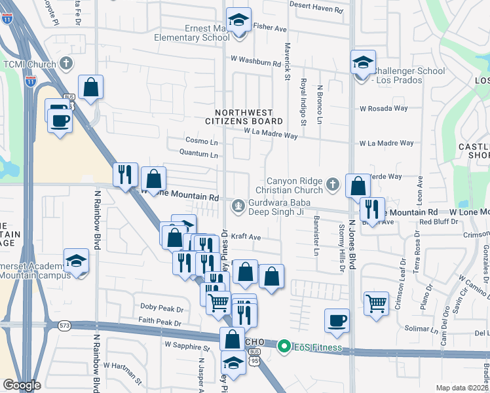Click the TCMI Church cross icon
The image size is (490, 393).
point(65,64)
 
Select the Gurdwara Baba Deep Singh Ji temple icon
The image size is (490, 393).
point(238,206)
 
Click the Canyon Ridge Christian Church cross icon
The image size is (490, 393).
point(333,185)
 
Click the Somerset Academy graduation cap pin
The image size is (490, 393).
point(76,262)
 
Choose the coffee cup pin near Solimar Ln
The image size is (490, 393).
point(337,322)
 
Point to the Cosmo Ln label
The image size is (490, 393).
point(200,141)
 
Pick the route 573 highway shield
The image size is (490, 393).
point(64,325)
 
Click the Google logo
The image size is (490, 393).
point(22,385)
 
